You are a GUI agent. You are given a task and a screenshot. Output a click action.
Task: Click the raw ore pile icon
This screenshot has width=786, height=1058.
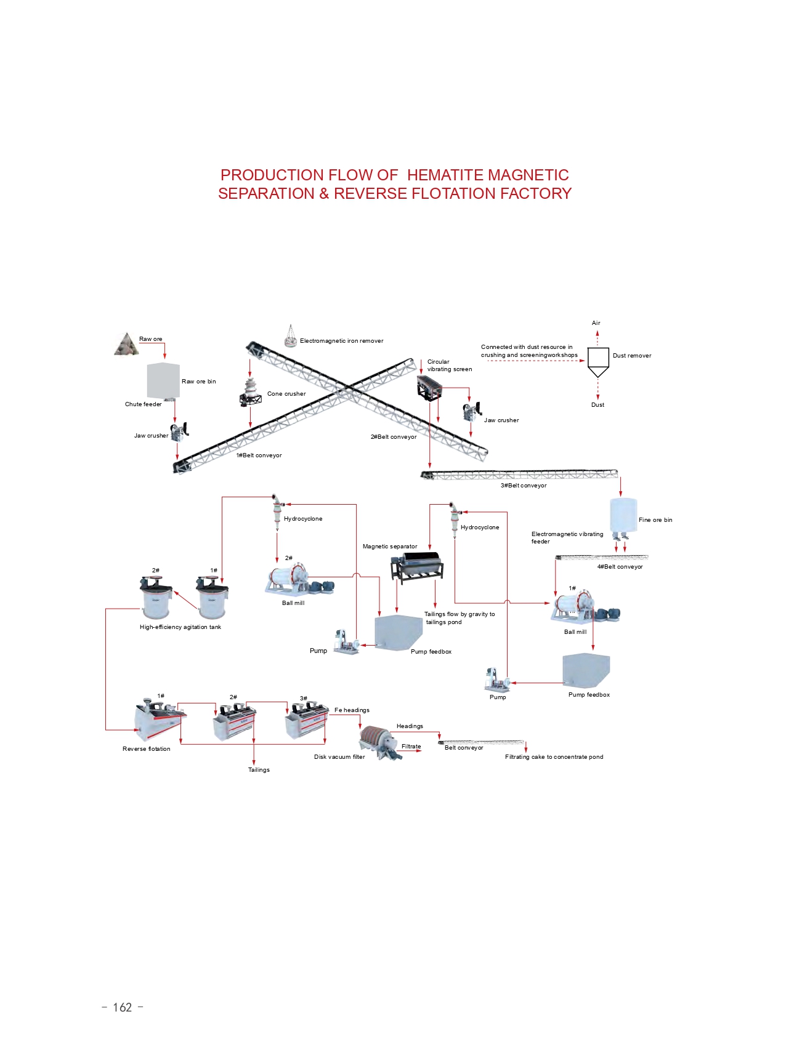tap(126, 345)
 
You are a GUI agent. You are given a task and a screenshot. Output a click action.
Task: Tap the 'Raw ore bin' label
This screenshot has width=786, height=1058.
tap(198, 382)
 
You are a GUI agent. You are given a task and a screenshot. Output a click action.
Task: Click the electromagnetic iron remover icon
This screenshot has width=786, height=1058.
tap(290, 335)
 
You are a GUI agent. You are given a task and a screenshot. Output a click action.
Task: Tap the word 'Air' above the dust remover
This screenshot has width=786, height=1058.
tap(596, 323)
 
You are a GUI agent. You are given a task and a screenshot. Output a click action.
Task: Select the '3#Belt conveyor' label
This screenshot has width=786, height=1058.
tap(523, 486)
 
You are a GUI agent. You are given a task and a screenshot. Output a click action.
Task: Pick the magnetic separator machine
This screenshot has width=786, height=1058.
tap(418, 566)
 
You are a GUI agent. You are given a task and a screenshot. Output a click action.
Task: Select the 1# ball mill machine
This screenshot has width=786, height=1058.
tap(580, 607)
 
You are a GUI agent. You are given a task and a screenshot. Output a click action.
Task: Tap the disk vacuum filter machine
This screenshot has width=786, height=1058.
tap(379, 742)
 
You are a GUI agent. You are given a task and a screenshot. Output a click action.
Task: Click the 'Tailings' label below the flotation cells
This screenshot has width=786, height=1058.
tap(259, 770)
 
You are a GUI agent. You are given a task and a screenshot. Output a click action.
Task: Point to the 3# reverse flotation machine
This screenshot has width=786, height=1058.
tap(306, 720)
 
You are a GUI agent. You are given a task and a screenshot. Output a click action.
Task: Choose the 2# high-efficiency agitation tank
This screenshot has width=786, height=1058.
tap(155, 598)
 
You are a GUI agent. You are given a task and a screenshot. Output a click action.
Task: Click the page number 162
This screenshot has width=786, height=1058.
tap(122, 1008)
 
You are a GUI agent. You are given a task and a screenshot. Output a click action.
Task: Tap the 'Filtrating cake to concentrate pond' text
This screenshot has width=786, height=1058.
tap(554, 757)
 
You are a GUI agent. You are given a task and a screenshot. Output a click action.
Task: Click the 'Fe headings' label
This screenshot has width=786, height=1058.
tap(352, 710)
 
